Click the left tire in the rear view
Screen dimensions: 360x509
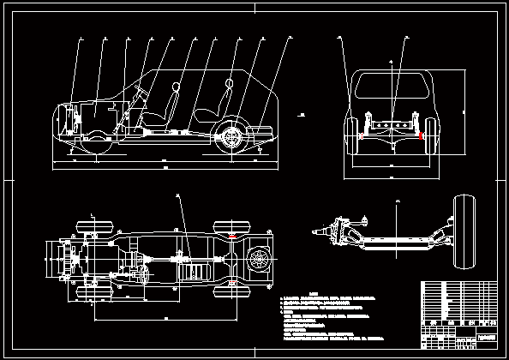(x=351, y=137)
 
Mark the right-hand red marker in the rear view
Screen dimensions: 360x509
(x=422, y=134)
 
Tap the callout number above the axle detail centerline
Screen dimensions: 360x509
(x=398, y=202)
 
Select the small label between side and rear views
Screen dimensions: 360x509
(x=300, y=112)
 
